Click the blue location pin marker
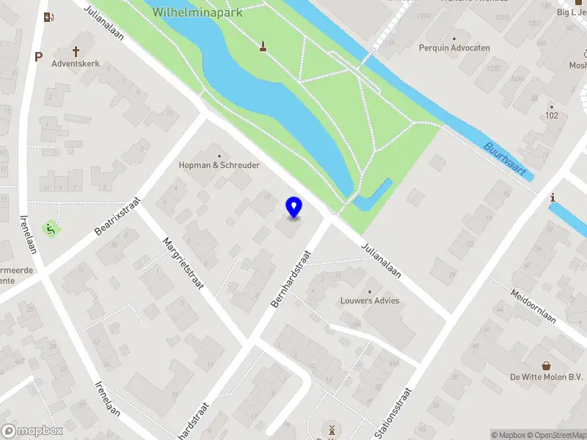click(x=294, y=208)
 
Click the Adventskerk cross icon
click(x=76, y=51)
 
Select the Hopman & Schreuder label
click(x=219, y=165)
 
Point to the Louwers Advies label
click(x=370, y=301)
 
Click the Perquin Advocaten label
click(x=454, y=48)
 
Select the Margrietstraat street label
click(x=183, y=264)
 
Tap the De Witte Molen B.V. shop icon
click(x=546, y=365)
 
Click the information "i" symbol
click(x=553, y=197)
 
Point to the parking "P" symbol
click(x=38, y=56)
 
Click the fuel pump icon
click(x=48, y=18)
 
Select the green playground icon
click(x=51, y=228)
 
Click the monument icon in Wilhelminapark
click(x=262, y=48)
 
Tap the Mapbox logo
click(x=32, y=431)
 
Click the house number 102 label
click(x=553, y=116)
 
